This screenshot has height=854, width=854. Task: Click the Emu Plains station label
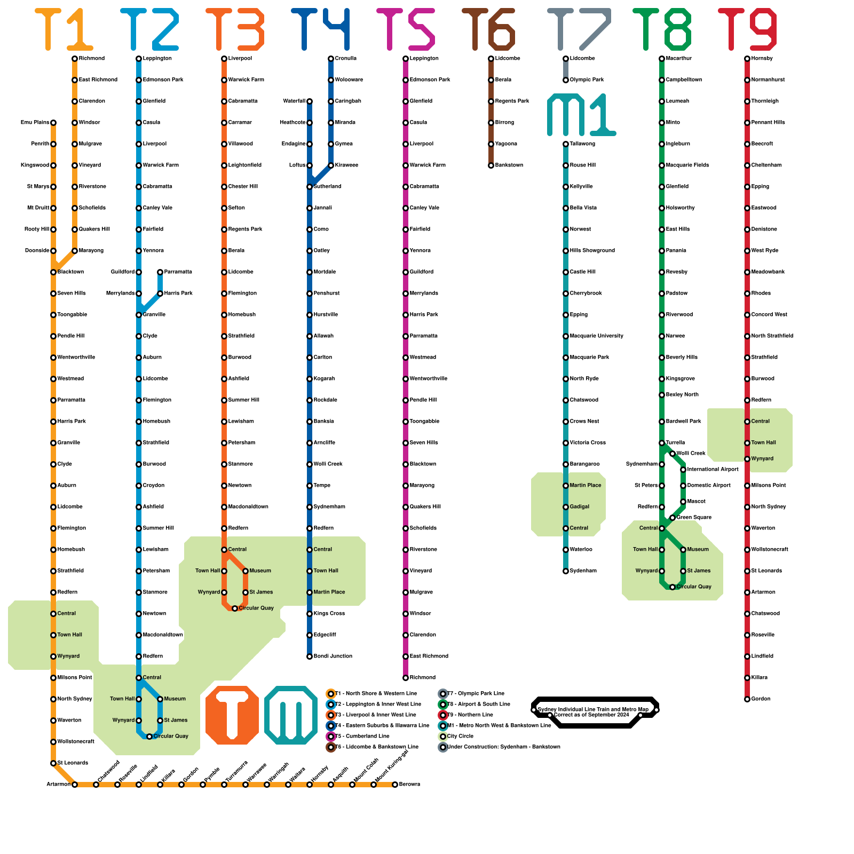pyautogui.click(x=35, y=122)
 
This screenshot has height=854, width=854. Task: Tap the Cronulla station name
pyautogui.click(x=345, y=58)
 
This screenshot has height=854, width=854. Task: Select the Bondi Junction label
pyautogui.click(x=333, y=656)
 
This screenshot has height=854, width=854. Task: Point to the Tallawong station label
pyautogui.click(x=582, y=144)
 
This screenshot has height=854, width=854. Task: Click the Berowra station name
pyautogui.click(x=409, y=784)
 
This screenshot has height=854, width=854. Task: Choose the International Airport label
pyautogui.click(x=713, y=469)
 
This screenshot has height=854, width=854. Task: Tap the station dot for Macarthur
pyautogui.click(x=662, y=59)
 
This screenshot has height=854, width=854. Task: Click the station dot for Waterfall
pyautogui.click(x=310, y=101)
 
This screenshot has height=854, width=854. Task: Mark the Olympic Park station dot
pyautogui.click(x=566, y=80)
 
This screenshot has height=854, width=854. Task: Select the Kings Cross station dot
pyautogui.click(x=310, y=614)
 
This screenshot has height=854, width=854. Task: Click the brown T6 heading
pyautogui.click(x=488, y=29)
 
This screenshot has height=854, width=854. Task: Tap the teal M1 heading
pyautogui.click(x=582, y=115)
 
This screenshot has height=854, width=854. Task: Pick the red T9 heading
pyautogui.click(x=747, y=29)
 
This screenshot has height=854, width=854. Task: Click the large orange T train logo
pyautogui.click(x=232, y=715)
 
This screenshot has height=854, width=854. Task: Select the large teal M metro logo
pyautogui.click(x=291, y=715)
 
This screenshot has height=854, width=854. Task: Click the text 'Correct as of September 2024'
pyautogui.click(x=591, y=715)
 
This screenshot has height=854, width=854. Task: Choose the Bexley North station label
pyautogui.click(x=682, y=394)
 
